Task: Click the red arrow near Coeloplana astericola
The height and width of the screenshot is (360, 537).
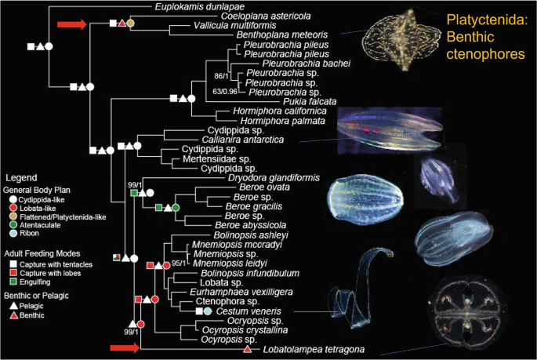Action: tap(71, 26)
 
